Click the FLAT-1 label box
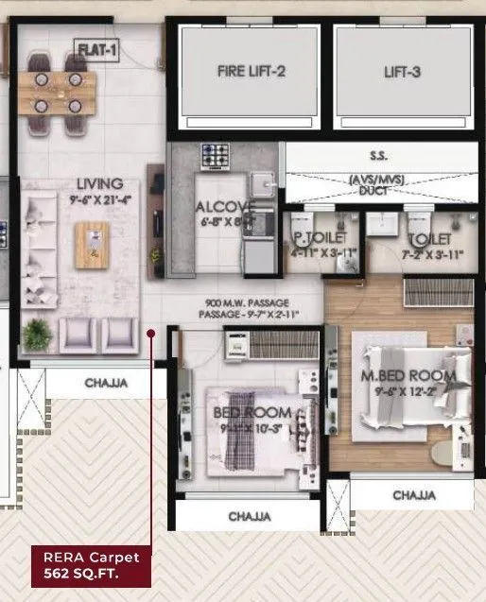coord(96,50)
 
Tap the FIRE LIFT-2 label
coord(251,71)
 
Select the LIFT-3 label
coord(402,71)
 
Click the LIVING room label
coord(100,183)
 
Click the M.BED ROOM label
coord(408,376)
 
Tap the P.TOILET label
coord(320,237)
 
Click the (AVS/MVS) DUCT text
coord(379,183)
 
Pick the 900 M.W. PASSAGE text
coord(242,304)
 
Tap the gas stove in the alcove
coord(212,156)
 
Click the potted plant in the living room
coord(38,332)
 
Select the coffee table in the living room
coord(93,243)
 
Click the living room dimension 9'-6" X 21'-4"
coord(100,199)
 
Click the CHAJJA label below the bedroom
coord(250,517)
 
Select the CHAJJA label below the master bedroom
coord(414,495)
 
